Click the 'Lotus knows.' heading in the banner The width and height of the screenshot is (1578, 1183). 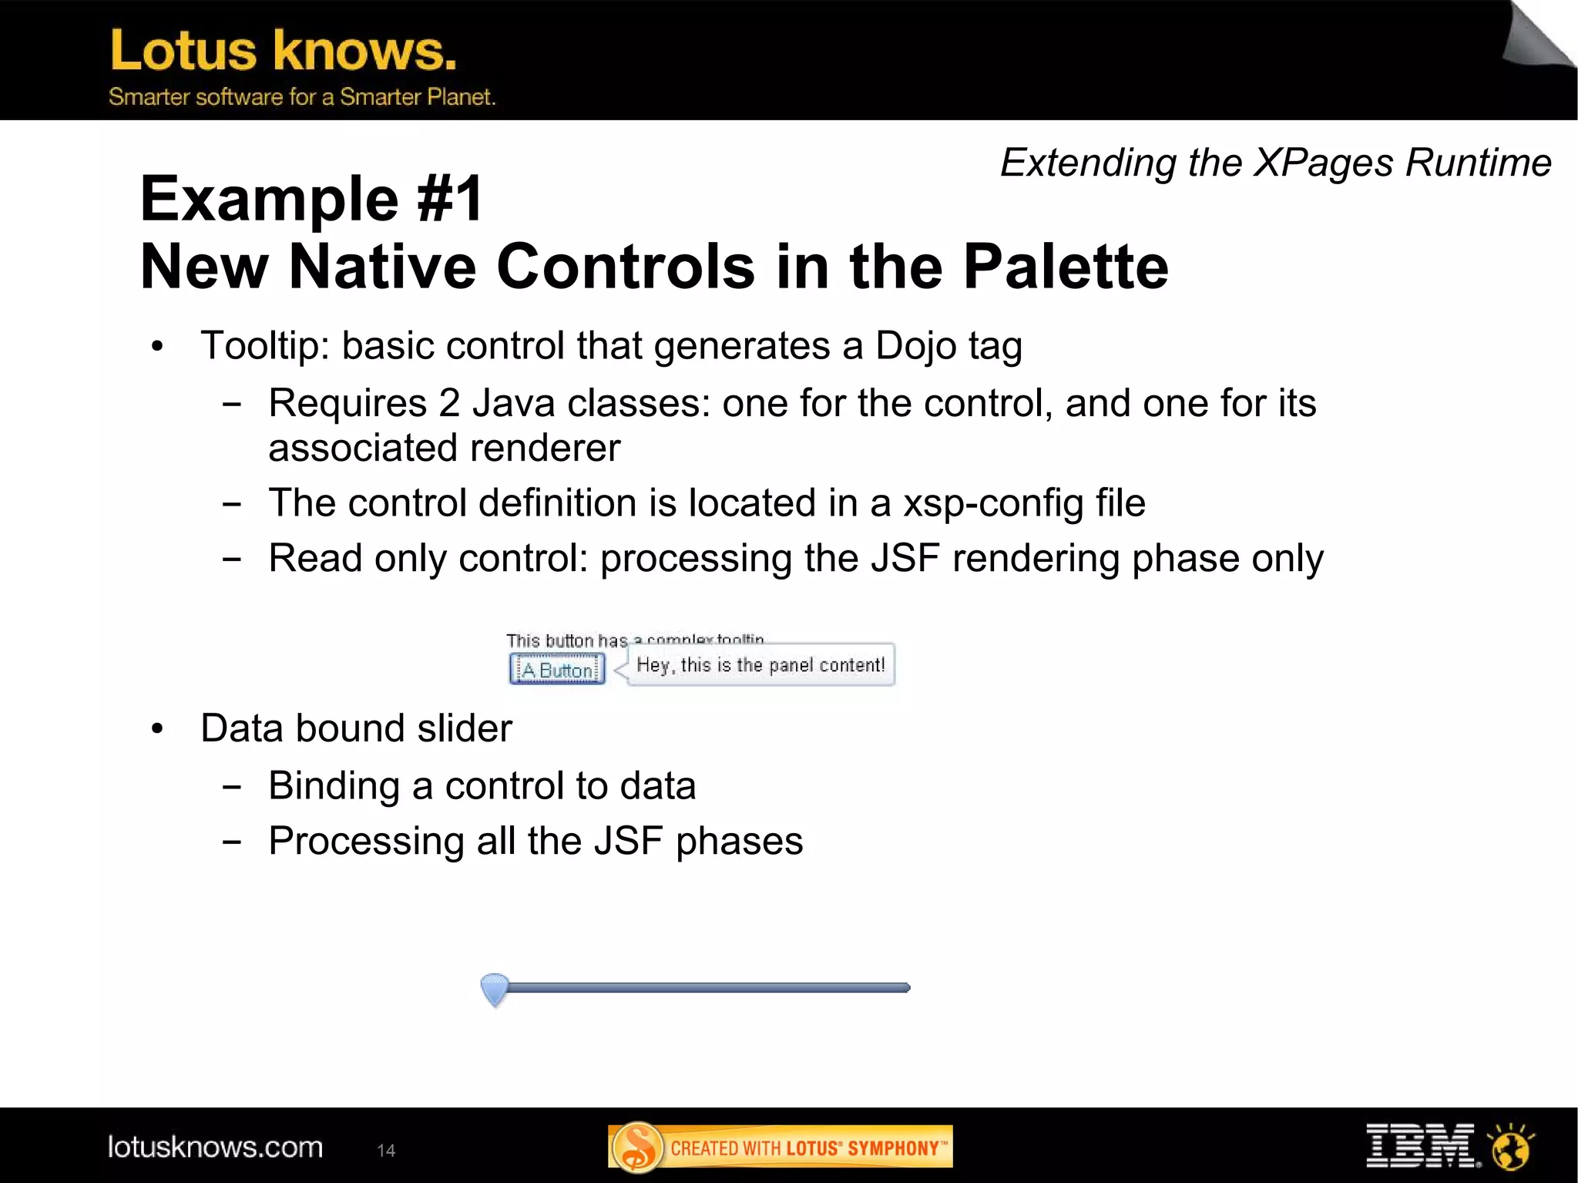pyautogui.click(x=284, y=51)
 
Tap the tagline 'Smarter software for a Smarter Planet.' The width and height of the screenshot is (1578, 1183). pyautogui.click(x=301, y=97)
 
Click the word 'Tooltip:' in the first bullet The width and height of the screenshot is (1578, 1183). pyautogui.click(x=265, y=346)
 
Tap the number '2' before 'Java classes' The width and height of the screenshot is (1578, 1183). pyautogui.click(x=449, y=404)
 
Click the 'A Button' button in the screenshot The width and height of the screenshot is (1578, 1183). pyautogui.click(x=557, y=669)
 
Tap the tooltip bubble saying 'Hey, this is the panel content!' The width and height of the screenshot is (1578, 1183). pyautogui.click(x=760, y=665)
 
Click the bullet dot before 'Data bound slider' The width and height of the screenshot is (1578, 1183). pyautogui.click(x=158, y=729)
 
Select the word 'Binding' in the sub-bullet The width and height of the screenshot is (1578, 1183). pyautogui.click(x=334, y=786)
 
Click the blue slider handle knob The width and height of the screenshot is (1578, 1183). pyautogui.click(x=495, y=988)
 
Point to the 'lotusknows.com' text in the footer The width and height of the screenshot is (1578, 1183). pyautogui.click(x=215, y=1148)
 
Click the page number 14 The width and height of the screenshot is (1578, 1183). pyautogui.click(x=386, y=1151)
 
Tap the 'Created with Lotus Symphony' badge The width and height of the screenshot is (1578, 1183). pyautogui.click(x=780, y=1148)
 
